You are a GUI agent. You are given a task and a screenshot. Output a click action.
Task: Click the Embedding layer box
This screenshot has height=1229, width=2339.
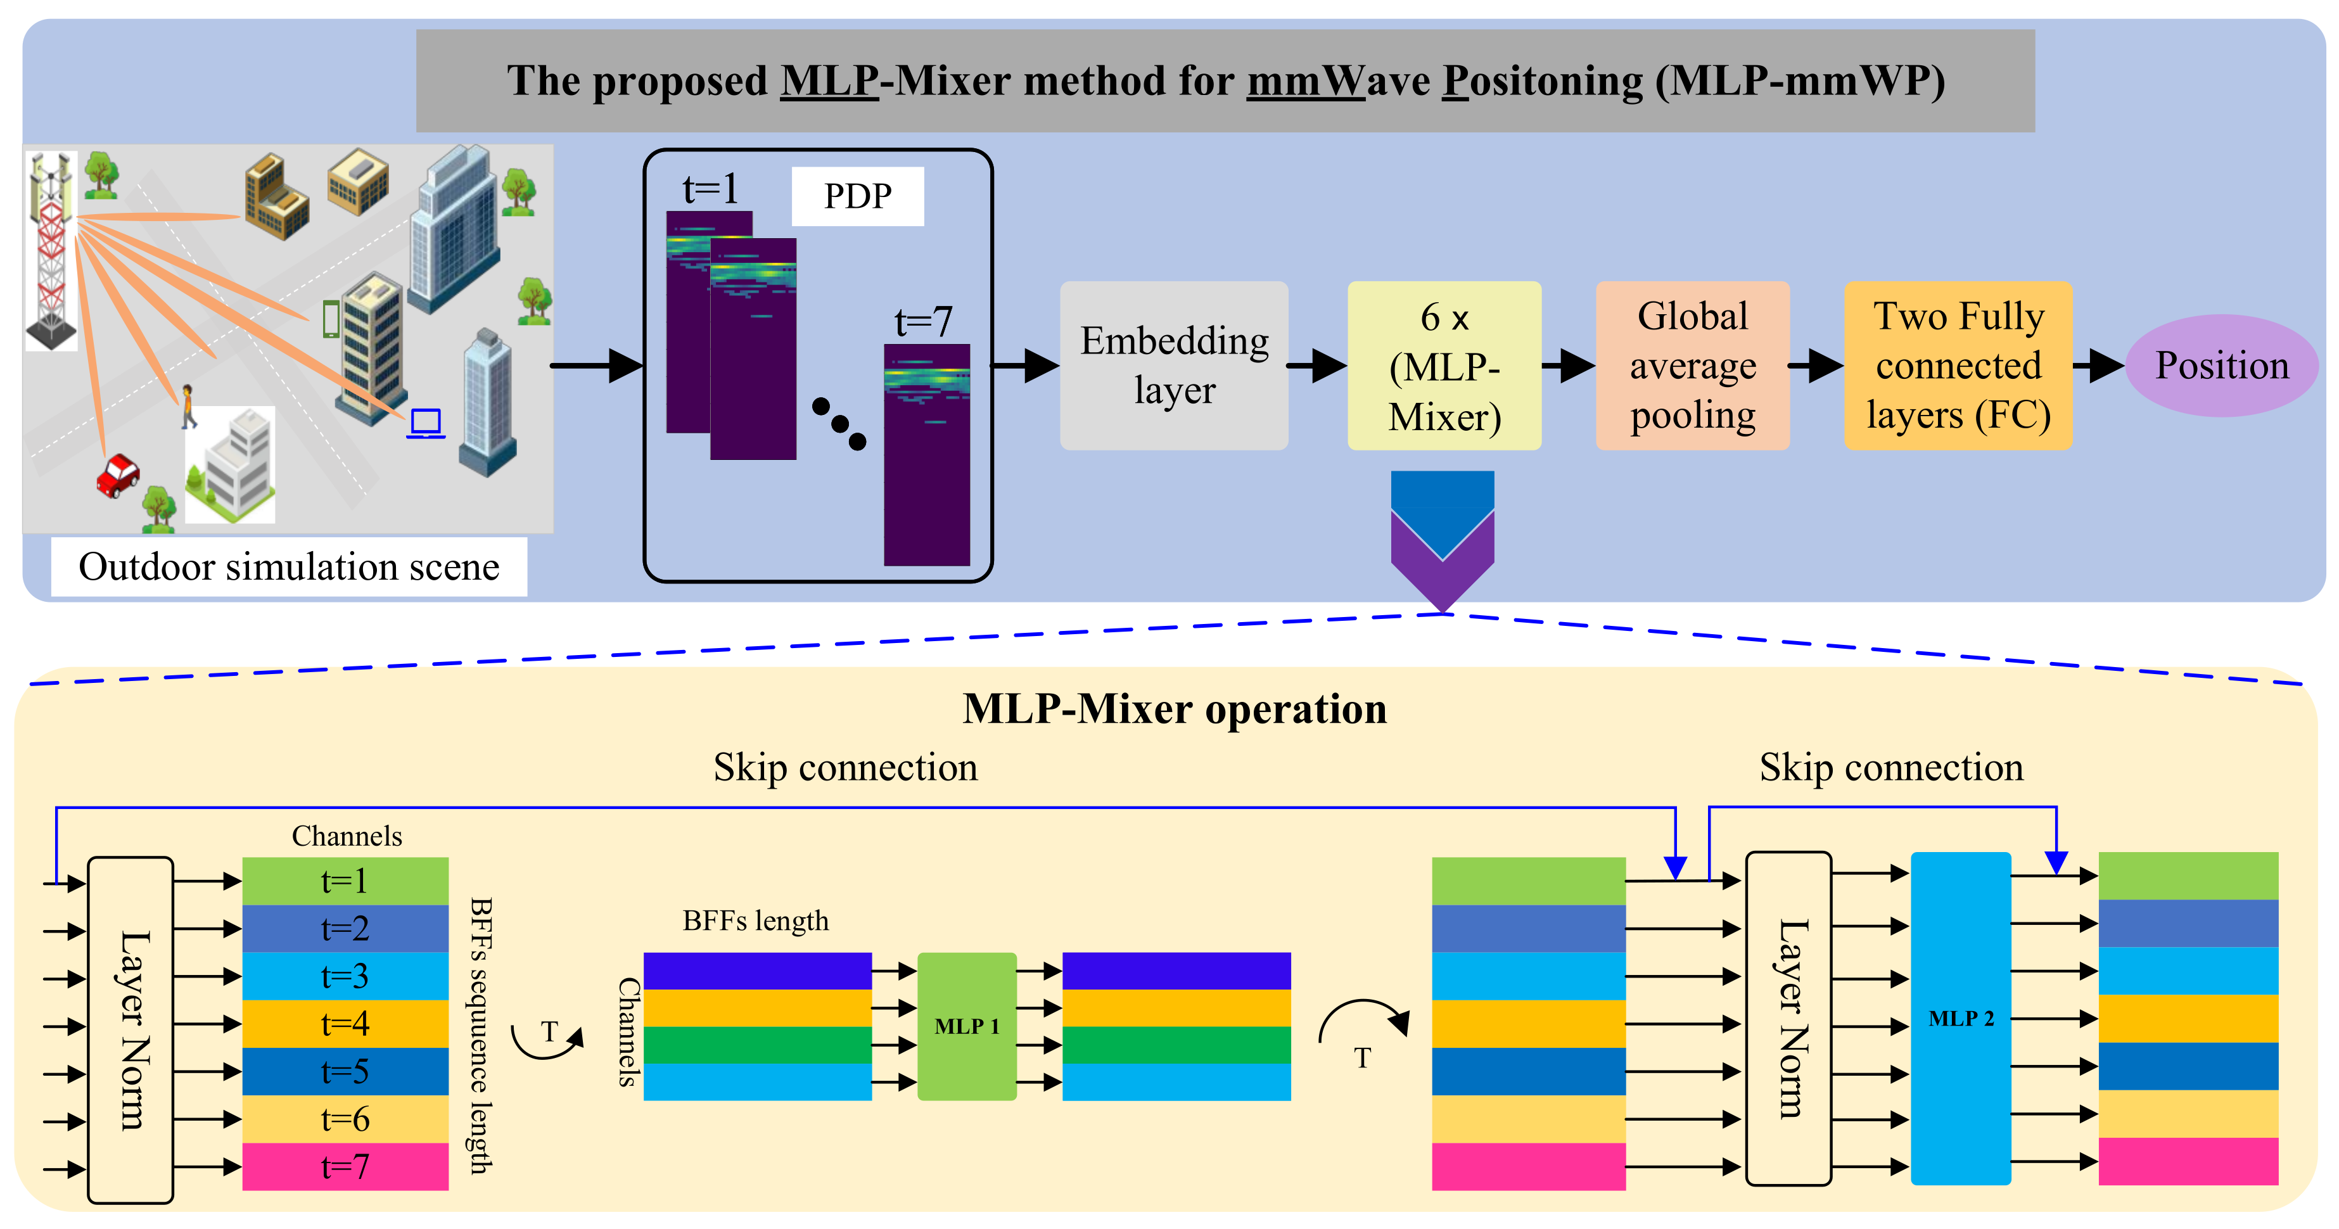(1173, 365)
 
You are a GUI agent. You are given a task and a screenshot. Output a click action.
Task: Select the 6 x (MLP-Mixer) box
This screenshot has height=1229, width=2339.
(1444, 365)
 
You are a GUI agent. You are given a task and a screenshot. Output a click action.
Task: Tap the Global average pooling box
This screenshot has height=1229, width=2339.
(1693, 365)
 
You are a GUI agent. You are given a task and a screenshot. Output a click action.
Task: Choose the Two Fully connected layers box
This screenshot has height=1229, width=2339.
(1958, 365)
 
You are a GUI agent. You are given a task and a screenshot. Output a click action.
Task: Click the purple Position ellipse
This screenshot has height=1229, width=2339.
(2221, 365)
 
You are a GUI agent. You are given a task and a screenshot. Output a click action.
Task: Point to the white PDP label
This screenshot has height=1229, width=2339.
(857, 196)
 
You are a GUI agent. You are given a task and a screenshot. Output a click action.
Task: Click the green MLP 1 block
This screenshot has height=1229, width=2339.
(966, 1026)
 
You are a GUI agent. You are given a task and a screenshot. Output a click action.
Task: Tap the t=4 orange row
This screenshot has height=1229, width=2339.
(345, 1024)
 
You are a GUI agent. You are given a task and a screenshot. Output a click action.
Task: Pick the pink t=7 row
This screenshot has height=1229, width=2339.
(345, 1166)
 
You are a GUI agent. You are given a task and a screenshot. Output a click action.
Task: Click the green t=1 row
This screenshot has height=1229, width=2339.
(345, 881)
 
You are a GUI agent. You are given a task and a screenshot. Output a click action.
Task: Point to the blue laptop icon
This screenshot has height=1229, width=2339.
(425, 423)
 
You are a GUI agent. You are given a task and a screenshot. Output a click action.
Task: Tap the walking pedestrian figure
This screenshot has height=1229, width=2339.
(188, 405)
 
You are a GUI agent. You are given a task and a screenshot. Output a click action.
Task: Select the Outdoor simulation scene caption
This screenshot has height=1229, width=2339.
(289, 566)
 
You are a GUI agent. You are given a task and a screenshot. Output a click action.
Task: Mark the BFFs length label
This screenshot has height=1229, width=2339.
(755, 920)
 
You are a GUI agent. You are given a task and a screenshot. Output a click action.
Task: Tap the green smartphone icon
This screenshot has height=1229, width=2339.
(331, 319)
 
